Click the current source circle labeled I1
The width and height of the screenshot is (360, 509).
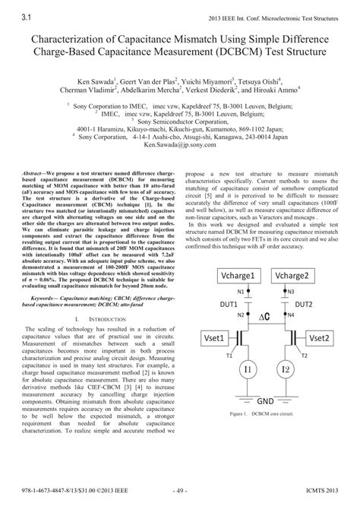coord(248,369)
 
